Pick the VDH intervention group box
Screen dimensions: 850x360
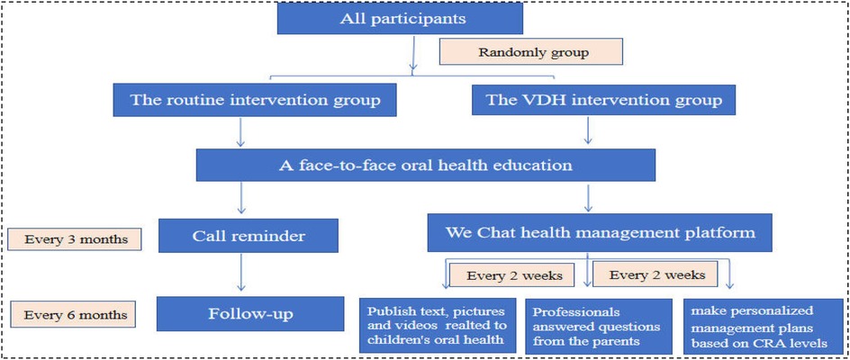(602, 99)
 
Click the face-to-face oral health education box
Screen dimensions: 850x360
(426, 166)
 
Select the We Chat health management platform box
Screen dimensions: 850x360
(600, 231)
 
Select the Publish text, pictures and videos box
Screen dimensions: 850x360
(437, 325)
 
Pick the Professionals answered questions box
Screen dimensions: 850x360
(598, 327)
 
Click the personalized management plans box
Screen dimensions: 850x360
(765, 325)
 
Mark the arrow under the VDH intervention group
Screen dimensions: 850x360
(588, 132)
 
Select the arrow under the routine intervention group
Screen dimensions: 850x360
(240, 132)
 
